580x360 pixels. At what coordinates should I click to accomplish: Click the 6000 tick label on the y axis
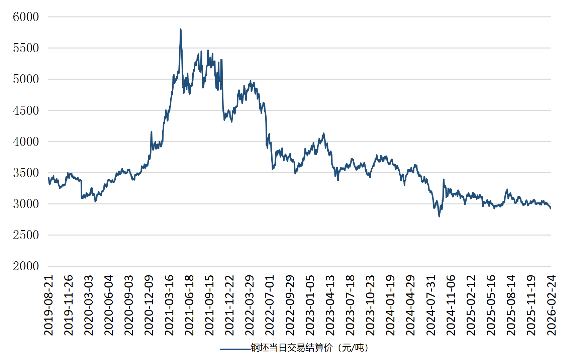[26, 17]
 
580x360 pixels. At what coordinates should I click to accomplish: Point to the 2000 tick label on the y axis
[26, 266]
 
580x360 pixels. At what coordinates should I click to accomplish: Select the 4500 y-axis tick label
[26, 110]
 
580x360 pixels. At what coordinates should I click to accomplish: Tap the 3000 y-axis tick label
[26, 204]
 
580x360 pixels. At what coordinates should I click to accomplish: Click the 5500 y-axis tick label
[26, 48]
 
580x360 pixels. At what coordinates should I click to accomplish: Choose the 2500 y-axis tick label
[26, 235]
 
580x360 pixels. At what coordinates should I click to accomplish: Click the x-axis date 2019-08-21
[49, 305]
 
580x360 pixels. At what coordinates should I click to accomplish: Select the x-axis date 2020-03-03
[89, 305]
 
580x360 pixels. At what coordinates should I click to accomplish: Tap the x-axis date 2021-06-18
[189, 305]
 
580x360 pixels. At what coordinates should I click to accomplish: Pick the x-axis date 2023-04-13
[330, 305]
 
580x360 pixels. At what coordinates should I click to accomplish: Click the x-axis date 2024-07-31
[431, 305]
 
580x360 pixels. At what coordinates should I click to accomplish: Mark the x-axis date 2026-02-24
[551, 305]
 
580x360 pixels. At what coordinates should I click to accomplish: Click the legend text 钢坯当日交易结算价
[292, 348]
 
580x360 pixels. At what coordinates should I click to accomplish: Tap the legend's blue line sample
[235, 349]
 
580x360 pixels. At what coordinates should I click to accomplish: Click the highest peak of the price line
[181, 29]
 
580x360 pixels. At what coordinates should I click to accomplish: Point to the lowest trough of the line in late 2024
[439, 216]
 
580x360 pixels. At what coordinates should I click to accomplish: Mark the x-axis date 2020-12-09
[149, 305]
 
